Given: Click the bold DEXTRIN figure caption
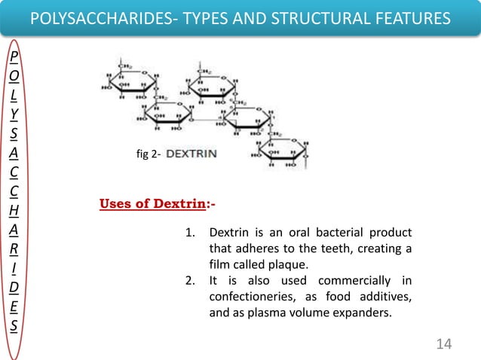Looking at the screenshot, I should [x=191, y=154].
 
